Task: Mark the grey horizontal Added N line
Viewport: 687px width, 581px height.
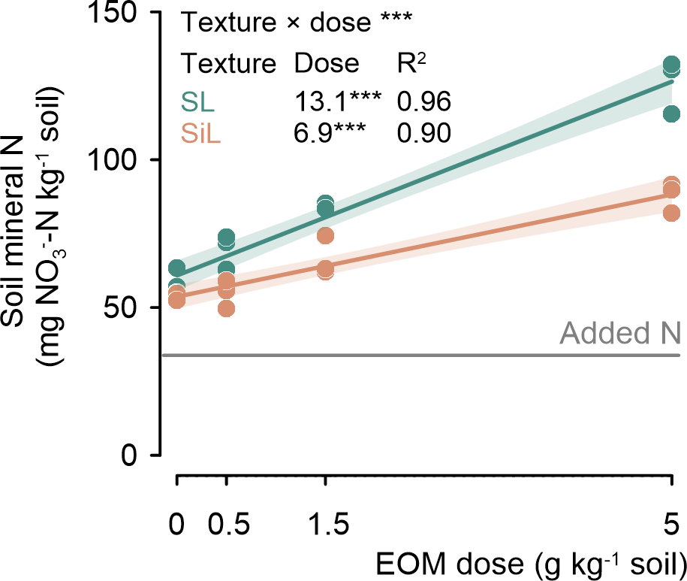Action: pyautogui.click(x=420, y=356)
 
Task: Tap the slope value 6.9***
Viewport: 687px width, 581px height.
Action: pyautogui.click(x=329, y=132)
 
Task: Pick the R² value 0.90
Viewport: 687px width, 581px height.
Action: pyautogui.click(x=423, y=132)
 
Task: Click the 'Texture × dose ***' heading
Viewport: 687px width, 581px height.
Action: pyautogui.click(x=291, y=23)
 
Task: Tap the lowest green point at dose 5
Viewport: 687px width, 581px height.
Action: pyautogui.click(x=671, y=114)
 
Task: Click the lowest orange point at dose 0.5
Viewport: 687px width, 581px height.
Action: pyautogui.click(x=226, y=308)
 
